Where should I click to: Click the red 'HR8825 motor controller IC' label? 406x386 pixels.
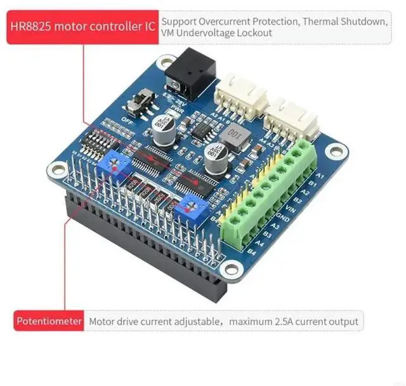click(82, 27)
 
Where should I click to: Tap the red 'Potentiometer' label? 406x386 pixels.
click(49, 321)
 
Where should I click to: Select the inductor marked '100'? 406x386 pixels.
click(233, 133)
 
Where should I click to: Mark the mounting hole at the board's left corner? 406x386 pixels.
click(56, 168)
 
